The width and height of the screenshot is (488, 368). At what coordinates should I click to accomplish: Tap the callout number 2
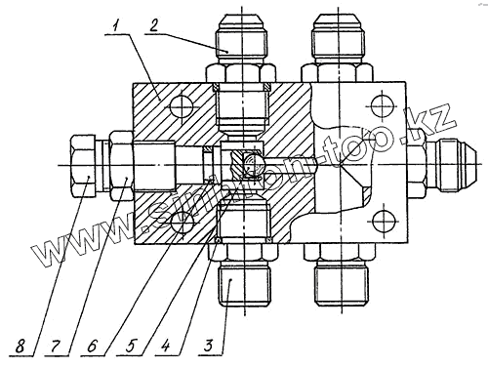(153, 26)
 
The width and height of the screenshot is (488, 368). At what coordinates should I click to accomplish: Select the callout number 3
(208, 346)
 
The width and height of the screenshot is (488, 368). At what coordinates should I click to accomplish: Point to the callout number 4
(166, 346)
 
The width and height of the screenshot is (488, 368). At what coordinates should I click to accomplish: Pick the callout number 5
(130, 347)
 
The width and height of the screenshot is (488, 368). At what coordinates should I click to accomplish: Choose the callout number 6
(92, 347)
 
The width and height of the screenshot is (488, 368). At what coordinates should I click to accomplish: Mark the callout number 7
(55, 347)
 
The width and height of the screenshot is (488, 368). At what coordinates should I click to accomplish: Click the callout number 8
(20, 347)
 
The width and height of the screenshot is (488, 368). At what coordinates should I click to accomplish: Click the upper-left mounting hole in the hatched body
(183, 106)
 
